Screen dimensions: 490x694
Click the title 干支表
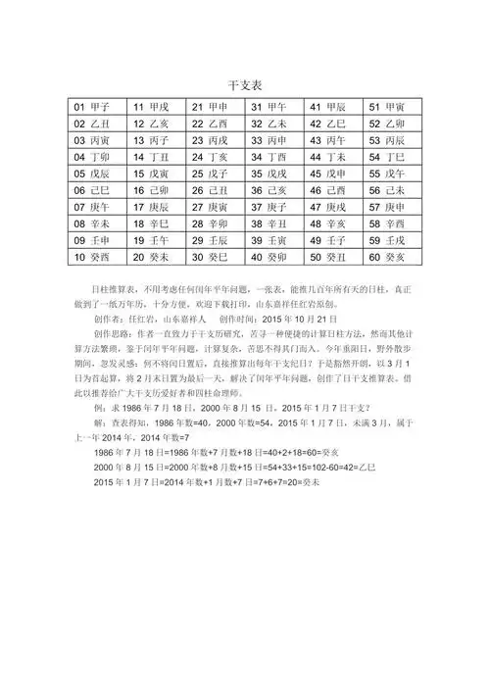(x=244, y=85)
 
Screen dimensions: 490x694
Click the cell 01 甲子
(x=93, y=106)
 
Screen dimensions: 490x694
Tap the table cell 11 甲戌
(x=152, y=106)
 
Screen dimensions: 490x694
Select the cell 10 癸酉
(x=93, y=258)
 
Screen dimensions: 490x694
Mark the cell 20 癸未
(x=152, y=258)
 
